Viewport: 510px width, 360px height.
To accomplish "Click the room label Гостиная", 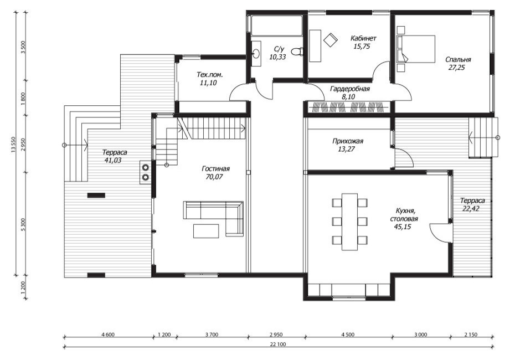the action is [215, 169].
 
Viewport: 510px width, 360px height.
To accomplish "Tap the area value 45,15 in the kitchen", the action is [403, 227].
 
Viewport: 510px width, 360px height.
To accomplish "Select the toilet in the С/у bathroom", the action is [297, 52].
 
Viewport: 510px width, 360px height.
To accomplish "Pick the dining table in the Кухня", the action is [349, 222].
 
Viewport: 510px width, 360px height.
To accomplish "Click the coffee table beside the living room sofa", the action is [206, 231].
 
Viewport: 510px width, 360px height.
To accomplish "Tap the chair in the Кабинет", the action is [331, 40].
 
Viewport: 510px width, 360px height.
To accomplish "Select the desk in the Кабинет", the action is [315, 46].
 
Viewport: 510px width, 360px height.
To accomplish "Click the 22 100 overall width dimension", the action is [278, 344].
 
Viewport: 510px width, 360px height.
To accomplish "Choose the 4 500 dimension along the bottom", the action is [348, 335].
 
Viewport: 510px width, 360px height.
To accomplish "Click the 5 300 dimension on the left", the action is [23, 224].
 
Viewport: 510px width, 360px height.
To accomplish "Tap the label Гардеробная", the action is [349, 89].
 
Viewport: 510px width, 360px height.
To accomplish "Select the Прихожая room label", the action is [348, 141].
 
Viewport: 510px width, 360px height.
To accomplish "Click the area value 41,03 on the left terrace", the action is [113, 160].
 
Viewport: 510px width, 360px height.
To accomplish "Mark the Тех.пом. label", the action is [210, 75].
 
